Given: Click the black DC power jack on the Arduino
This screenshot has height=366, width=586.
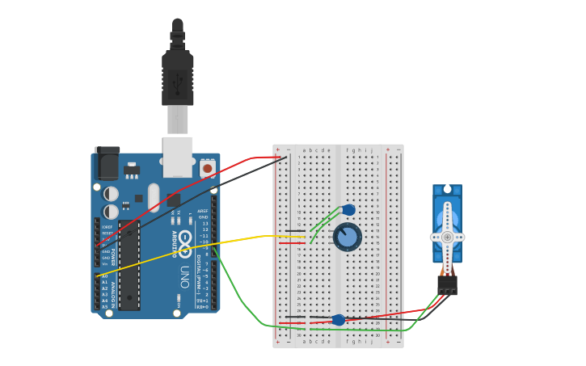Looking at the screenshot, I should click(x=107, y=164).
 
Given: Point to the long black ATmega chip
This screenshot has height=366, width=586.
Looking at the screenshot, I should click(x=129, y=265).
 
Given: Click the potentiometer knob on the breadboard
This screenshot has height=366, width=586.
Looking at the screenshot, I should click(x=348, y=237).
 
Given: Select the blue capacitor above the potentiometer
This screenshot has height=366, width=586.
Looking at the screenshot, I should click(x=348, y=210).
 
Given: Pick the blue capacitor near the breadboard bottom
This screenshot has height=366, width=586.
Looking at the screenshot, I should click(x=339, y=320).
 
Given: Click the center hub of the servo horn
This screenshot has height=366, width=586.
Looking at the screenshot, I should click(x=447, y=237).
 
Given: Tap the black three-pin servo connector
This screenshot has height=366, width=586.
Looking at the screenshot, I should click(x=447, y=284).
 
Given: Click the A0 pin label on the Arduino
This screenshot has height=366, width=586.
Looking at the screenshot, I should click(x=104, y=276).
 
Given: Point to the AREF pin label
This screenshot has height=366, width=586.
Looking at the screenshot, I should click(x=203, y=211).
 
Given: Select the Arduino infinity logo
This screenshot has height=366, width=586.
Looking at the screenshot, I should click(x=185, y=241).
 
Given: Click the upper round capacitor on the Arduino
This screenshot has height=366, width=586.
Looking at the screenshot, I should click(x=111, y=194).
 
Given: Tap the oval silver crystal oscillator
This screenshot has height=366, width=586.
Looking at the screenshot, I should click(x=154, y=197).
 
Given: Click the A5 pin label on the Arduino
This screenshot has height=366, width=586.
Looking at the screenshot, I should click(x=104, y=306).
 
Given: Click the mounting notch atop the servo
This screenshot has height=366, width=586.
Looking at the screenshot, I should click(x=447, y=188).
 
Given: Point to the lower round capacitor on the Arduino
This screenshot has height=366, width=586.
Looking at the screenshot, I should click(x=111, y=212).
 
